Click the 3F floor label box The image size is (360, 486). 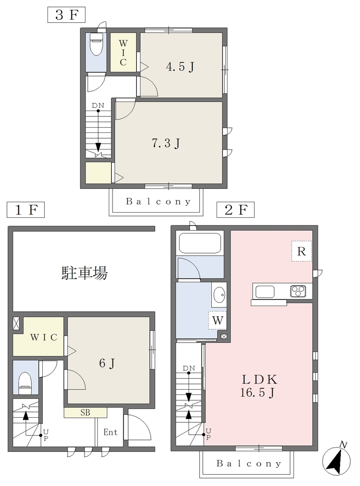(66, 15)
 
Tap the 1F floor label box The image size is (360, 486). (26, 209)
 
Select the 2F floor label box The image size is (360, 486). (236, 209)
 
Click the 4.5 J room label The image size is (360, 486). (180, 66)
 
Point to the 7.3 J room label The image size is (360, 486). (166, 143)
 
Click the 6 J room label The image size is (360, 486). (107, 363)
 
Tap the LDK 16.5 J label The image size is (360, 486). (258, 386)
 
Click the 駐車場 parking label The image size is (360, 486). (85, 273)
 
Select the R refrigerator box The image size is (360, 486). (302, 251)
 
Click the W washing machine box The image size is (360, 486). (218, 320)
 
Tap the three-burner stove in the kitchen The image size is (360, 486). (298, 291)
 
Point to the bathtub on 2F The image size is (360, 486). (200, 243)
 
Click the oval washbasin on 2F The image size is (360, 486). (220, 294)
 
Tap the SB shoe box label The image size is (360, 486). (85, 413)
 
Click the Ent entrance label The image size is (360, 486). (110, 432)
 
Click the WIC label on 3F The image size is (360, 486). (123, 53)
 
